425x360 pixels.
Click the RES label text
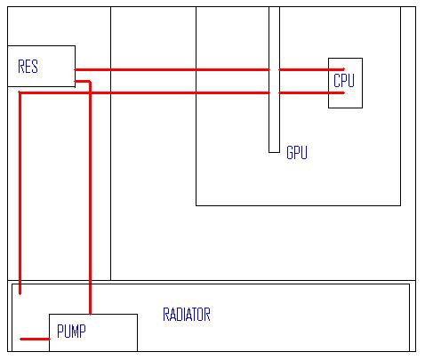click(x=28, y=67)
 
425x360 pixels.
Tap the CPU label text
click(x=344, y=80)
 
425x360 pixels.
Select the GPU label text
click(x=297, y=153)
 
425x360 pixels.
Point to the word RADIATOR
click(x=187, y=315)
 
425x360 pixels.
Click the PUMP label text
click(x=71, y=332)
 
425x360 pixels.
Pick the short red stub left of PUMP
click(x=35, y=339)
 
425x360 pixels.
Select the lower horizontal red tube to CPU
click(x=181, y=93)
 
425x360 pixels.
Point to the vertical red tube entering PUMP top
click(x=90, y=198)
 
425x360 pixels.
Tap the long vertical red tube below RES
click(x=20, y=193)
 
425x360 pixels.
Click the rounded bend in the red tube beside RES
click(x=89, y=82)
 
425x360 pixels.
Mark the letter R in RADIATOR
click(x=166, y=315)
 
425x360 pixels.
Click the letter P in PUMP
click(x=60, y=332)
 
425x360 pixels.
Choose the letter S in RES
click(x=35, y=67)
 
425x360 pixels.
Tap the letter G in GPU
click(x=290, y=153)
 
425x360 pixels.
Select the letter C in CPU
click(x=337, y=80)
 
